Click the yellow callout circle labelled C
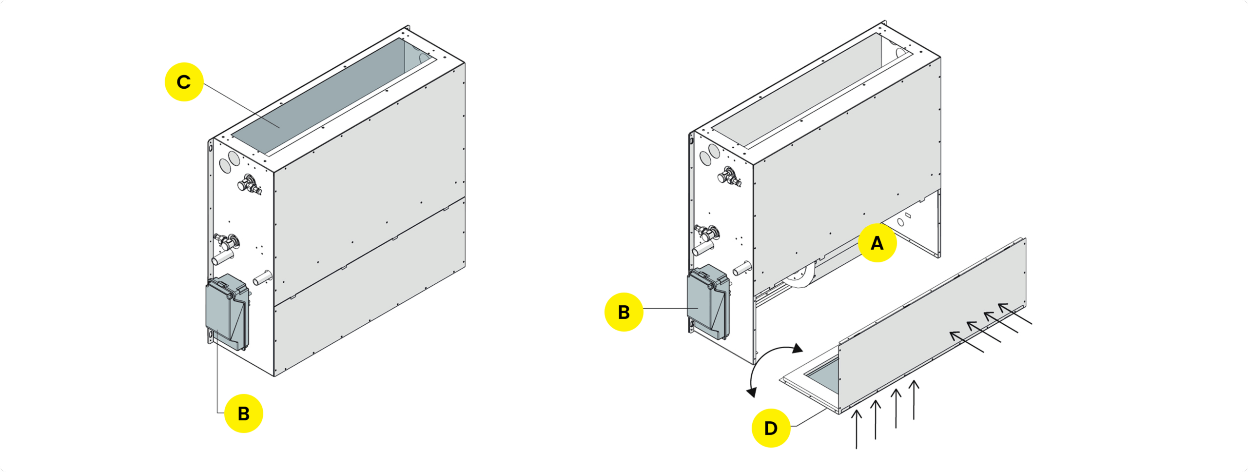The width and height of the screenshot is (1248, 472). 184,82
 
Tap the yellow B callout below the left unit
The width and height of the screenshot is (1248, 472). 243,413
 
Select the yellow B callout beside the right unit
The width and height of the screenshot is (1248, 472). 624,312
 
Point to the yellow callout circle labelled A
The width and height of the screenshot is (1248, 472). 877,243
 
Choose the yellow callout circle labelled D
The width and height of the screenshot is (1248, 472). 771,428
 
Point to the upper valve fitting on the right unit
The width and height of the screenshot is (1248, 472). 729,177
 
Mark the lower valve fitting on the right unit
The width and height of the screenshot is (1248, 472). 706,232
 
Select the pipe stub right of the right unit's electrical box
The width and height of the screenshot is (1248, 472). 742,268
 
